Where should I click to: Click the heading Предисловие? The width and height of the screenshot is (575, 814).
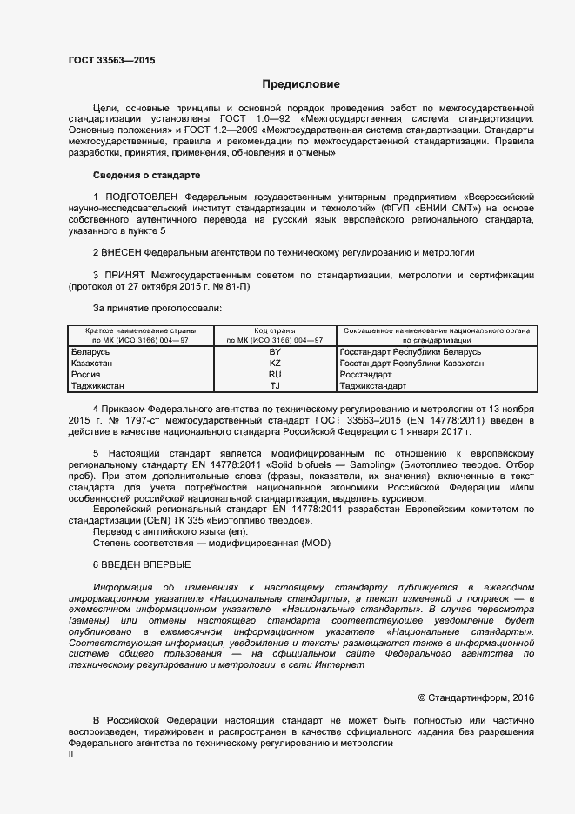click(302, 84)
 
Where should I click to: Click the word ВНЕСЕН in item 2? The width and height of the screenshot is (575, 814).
click(123, 252)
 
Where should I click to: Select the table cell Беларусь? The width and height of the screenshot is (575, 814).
click(90, 351)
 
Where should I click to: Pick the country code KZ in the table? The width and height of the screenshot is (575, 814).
click(275, 363)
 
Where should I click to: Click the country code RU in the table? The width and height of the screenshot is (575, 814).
click(275, 374)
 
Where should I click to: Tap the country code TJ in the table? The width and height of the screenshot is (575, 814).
click(275, 385)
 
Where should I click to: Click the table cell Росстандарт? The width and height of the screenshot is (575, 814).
click(368, 374)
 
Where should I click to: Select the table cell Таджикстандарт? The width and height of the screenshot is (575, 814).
click(373, 385)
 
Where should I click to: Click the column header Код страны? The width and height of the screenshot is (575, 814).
click(275, 330)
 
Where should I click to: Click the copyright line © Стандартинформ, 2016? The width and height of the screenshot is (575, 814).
click(476, 697)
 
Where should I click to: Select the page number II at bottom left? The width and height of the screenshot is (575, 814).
click(71, 755)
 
